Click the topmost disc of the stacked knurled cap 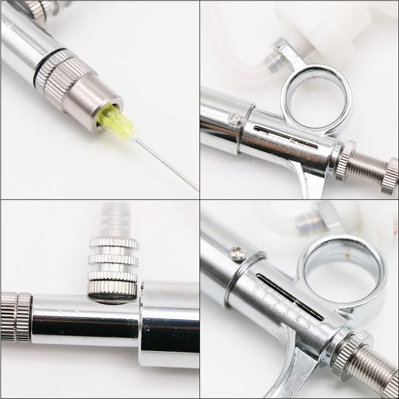[114, 242]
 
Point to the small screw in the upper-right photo [234, 120]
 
